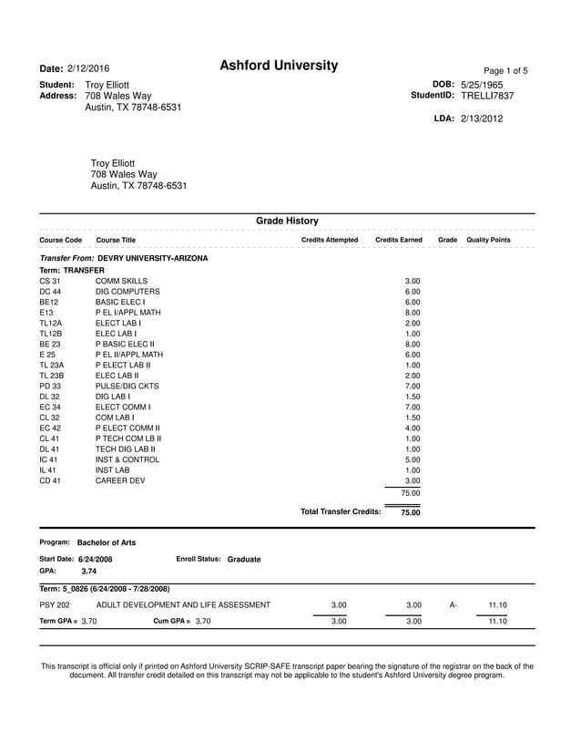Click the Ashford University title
[x=279, y=66]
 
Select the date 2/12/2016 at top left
[x=88, y=69]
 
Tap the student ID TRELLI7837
[x=487, y=95]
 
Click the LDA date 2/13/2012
[x=481, y=119]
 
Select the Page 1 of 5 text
[x=505, y=71]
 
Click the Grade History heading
[x=287, y=221]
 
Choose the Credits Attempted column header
[x=330, y=240]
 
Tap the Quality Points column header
[x=488, y=240]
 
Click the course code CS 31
[x=50, y=282]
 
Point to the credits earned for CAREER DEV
[x=413, y=480]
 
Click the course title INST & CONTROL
[x=127, y=459]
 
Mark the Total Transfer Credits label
[x=341, y=512]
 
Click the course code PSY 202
[x=55, y=604]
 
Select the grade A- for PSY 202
[x=453, y=604]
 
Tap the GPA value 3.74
[x=89, y=571]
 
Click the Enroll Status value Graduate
[x=244, y=559]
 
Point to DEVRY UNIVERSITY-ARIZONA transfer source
[x=152, y=258]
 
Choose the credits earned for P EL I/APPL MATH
[x=413, y=312]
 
